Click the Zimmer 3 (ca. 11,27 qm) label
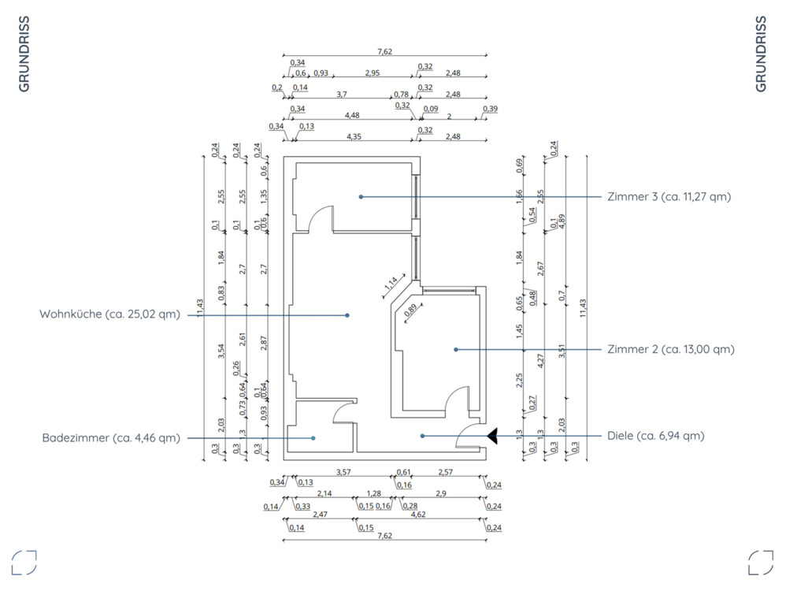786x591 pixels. click(x=669, y=196)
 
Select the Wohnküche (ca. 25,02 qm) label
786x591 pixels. click(x=109, y=314)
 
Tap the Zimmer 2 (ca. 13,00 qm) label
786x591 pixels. click(x=671, y=349)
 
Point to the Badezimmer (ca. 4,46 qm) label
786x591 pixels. click(x=111, y=437)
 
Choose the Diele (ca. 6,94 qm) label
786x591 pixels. click(x=656, y=435)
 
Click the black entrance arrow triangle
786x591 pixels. click(x=493, y=435)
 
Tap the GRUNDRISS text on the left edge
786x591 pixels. click(x=24, y=54)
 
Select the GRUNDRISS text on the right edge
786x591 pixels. click(x=761, y=54)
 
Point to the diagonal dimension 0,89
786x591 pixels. click(x=411, y=310)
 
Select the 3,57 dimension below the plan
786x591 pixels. click(x=343, y=472)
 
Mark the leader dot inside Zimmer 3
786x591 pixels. click(x=361, y=196)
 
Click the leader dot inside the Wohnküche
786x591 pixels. click(x=347, y=315)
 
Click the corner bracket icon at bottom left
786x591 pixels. click(x=24, y=563)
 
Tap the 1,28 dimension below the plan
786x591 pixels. click(x=373, y=493)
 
